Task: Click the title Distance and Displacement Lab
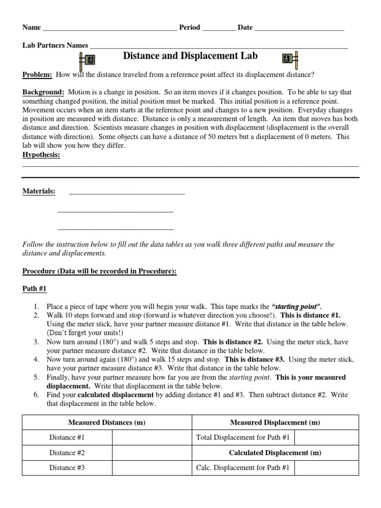[x=190, y=56]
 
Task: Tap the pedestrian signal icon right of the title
[x=290, y=60]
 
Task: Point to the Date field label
[x=245, y=28]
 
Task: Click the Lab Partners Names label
[x=55, y=46]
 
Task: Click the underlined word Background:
[x=43, y=92]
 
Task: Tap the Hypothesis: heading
[x=41, y=155]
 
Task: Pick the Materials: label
[x=39, y=191]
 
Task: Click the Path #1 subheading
[x=35, y=289]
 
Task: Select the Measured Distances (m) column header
[x=107, y=423]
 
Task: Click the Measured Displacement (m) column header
[x=275, y=423]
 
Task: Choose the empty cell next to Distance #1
[x=152, y=438]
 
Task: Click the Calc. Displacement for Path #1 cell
[x=243, y=468]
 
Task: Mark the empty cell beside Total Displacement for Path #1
[x=327, y=438]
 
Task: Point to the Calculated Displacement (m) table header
[x=275, y=453]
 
